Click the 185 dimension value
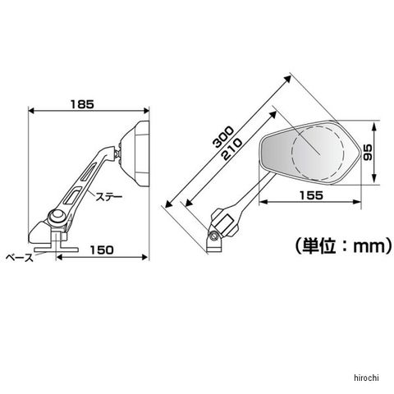[82, 104]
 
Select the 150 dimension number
[102, 250]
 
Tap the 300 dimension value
[224, 137]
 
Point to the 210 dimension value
[232, 149]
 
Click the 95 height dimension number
[368, 153]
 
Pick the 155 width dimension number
[311, 195]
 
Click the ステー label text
[108, 197]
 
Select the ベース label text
[20, 258]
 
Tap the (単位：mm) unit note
[344, 246]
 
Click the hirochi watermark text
[367, 378]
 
